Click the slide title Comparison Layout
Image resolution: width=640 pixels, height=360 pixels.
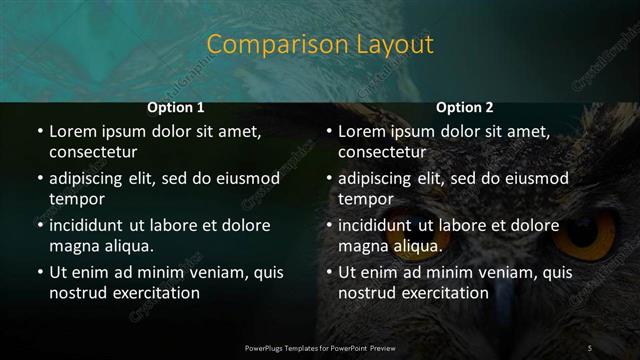[x=320, y=45]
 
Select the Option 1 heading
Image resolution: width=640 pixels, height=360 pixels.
[x=176, y=107]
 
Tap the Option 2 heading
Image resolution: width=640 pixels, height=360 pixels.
[x=465, y=107]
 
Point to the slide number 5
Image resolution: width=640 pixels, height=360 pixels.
[x=589, y=347]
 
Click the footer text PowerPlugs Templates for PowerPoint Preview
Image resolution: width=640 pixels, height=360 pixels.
[x=320, y=347]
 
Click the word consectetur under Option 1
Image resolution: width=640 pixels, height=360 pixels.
[x=93, y=152]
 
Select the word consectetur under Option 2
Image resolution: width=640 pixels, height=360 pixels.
[x=382, y=152]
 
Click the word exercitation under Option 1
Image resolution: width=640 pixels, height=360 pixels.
[x=154, y=293]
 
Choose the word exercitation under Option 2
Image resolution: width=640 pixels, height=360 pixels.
[x=443, y=293]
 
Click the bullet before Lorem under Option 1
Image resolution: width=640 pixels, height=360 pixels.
[x=38, y=132]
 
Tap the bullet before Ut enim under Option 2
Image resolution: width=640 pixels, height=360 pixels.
[x=327, y=272]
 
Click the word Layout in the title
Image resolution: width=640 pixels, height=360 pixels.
[x=391, y=45]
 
